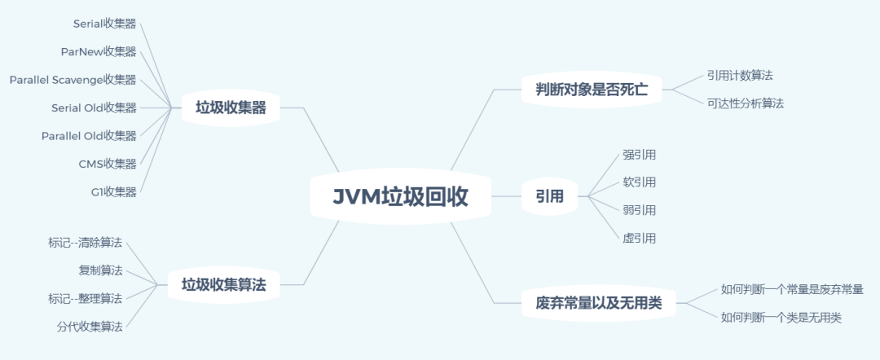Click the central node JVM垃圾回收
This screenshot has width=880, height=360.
(x=400, y=196)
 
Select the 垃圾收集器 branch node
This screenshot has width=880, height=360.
(x=231, y=108)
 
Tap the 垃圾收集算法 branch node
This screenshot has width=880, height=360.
(x=223, y=285)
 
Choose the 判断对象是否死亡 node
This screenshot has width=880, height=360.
(x=592, y=90)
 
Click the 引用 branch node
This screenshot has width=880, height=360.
(x=549, y=196)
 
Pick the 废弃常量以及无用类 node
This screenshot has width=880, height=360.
(x=599, y=304)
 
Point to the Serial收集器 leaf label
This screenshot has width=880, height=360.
(x=105, y=24)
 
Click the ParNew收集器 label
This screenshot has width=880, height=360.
(x=99, y=51)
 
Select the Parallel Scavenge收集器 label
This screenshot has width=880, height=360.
(x=73, y=80)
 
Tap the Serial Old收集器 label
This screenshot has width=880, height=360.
(x=94, y=108)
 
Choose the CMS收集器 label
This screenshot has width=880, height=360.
(x=108, y=164)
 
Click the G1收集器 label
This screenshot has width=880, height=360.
(x=114, y=192)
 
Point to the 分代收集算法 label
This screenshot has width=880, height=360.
(x=90, y=327)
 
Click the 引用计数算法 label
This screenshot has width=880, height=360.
(x=740, y=75)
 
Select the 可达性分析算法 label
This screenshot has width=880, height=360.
(x=746, y=103)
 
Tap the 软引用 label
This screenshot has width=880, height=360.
(x=640, y=182)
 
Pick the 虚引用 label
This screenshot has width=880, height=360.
(x=640, y=238)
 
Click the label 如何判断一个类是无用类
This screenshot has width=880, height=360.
(x=781, y=318)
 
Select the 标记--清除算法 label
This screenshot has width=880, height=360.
(x=86, y=242)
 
